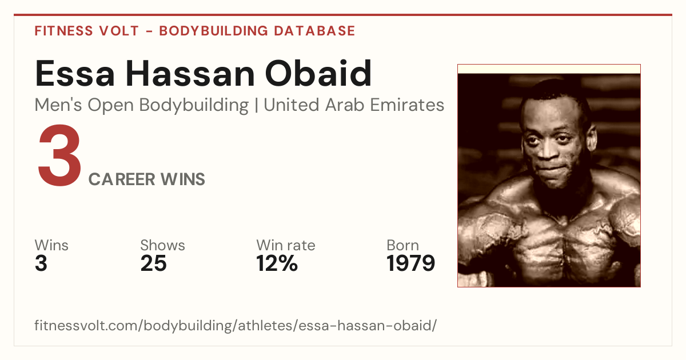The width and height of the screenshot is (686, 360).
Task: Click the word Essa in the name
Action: click(x=75, y=74)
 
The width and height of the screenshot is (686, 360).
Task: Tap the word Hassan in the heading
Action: click(x=190, y=74)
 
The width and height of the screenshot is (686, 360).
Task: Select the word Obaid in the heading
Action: click(x=318, y=73)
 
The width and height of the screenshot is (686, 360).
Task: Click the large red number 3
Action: click(x=59, y=155)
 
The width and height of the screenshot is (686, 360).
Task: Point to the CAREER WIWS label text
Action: click(x=147, y=179)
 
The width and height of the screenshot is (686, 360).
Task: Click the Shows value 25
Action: click(x=153, y=263)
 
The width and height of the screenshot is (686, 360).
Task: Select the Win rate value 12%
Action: click(x=277, y=263)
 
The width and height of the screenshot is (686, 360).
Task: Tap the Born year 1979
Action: click(x=410, y=263)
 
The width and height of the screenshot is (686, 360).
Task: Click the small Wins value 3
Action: click(x=41, y=263)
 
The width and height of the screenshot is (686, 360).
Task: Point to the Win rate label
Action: click(x=286, y=245)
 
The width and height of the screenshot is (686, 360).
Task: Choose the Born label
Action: click(x=402, y=245)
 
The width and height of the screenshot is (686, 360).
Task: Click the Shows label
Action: click(x=162, y=245)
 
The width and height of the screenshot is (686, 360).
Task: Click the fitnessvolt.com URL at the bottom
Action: click(x=236, y=325)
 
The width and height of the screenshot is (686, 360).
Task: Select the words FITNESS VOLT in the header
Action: click(x=87, y=31)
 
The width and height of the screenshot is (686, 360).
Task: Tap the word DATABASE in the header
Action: click(x=314, y=31)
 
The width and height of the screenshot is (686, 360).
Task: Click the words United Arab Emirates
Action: click(x=354, y=105)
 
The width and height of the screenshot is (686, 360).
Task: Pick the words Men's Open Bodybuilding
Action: click(x=142, y=105)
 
